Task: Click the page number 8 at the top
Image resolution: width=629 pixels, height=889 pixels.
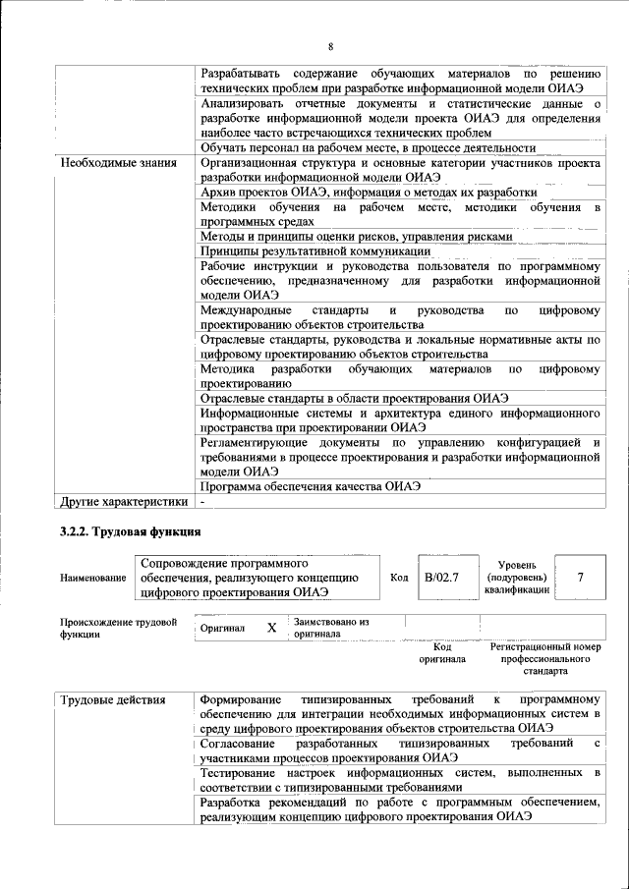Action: click(x=330, y=46)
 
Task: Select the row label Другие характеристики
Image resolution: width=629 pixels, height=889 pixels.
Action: click(x=123, y=502)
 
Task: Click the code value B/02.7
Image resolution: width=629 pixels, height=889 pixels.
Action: click(x=440, y=577)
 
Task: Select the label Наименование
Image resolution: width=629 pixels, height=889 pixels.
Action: click(x=93, y=578)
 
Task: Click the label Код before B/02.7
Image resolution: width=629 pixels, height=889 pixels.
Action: click(x=399, y=578)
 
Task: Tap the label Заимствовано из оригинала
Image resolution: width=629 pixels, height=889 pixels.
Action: click(x=330, y=628)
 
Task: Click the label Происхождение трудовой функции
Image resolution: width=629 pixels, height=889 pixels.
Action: click(x=118, y=628)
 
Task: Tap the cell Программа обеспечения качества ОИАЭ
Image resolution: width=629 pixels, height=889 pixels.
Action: click(x=310, y=486)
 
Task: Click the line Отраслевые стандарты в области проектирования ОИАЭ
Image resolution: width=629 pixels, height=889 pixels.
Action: click(x=354, y=398)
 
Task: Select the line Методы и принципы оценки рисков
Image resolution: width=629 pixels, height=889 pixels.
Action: click(x=356, y=237)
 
